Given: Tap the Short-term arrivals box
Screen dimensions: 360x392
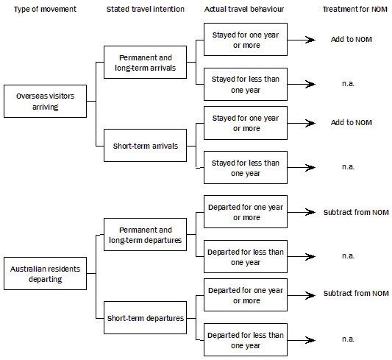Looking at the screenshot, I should [x=144, y=146].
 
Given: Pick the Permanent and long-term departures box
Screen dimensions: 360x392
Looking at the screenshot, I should [x=144, y=235].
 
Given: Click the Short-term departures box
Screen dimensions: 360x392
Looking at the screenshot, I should [x=144, y=317].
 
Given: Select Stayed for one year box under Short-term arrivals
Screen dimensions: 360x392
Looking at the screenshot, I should [x=245, y=123].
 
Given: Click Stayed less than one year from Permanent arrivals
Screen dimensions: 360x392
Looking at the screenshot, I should [x=245, y=85].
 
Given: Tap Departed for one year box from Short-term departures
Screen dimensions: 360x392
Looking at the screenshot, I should [x=245, y=295].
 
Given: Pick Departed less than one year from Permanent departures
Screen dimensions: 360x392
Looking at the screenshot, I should [x=245, y=257].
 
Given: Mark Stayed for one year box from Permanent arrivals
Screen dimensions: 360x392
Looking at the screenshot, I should [x=245, y=40].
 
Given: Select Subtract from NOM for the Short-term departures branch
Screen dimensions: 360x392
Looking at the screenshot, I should [x=355, y=294].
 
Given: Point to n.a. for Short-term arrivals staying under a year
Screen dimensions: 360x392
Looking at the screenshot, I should [x=349, y=167].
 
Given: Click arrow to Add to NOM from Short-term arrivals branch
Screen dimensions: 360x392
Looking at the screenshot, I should [x=301, y=123].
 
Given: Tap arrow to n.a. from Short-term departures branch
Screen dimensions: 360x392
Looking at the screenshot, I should [x=301, y=339].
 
